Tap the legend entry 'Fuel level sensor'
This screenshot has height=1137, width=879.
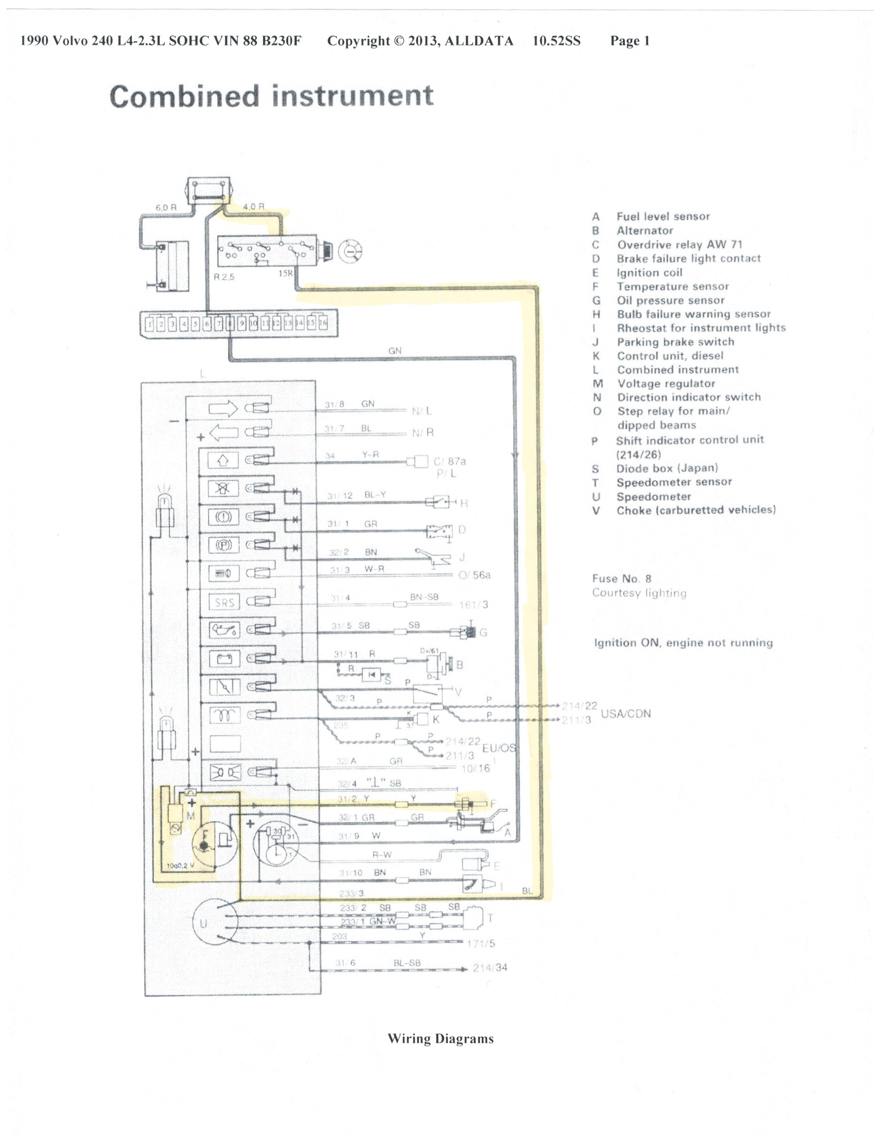coord(663,217)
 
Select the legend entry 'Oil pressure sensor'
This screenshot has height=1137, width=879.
coord(671,300)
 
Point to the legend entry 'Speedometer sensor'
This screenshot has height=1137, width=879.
coord(674,482)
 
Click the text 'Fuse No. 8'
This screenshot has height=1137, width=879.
coord(621,578)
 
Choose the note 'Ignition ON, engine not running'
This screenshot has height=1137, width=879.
coord(683,643)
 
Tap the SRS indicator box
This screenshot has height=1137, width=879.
coord(224,602)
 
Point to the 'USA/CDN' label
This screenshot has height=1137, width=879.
coord(625,714)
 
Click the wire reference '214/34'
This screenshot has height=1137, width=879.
coord(490,968)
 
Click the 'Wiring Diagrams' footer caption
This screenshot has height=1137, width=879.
coord(440,1038)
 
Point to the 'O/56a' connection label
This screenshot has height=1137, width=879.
coord(474,575)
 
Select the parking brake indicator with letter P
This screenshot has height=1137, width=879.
coord(224,545)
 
